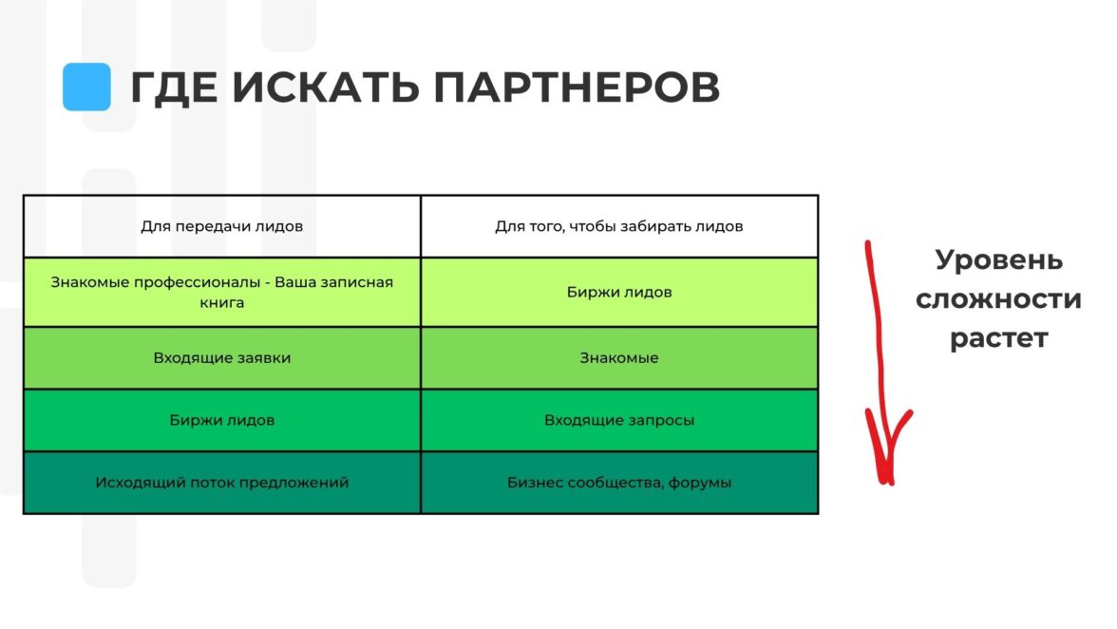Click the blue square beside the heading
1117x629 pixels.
[87, 86]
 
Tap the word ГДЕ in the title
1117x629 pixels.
[174, 88]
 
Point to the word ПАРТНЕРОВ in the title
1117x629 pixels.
[577, 87]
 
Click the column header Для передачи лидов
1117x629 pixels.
[221, 226]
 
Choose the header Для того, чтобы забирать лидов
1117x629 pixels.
[619, 226]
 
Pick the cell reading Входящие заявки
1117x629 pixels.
[221, 358]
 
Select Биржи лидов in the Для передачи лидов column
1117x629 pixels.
[221, 420]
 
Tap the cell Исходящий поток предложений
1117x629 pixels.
[221, 483]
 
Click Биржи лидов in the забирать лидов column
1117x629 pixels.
[619, 292]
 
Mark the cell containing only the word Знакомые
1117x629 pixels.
[619, 357]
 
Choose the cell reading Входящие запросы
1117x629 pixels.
[619, 420]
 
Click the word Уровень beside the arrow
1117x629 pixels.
[999, 260]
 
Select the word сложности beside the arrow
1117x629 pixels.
[999, 299]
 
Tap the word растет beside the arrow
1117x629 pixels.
[999, 337]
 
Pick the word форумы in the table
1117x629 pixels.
[699, 483]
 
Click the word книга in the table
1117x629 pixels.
[221, 303]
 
